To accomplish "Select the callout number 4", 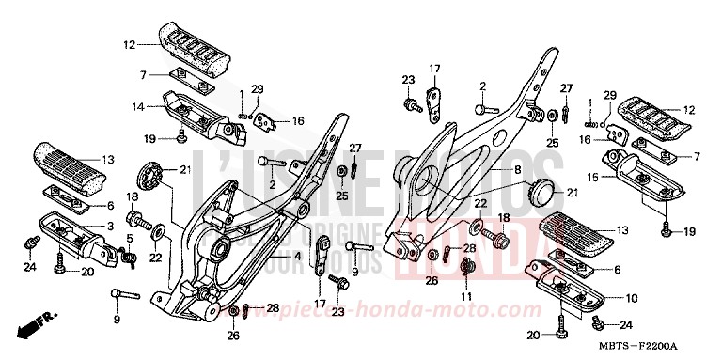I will [297, 255].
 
